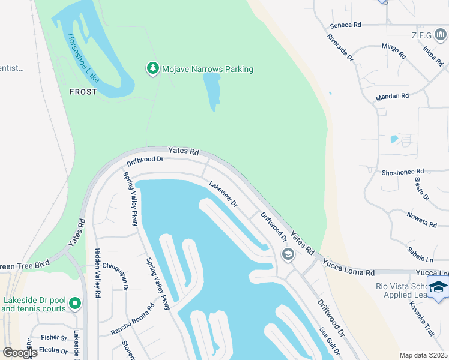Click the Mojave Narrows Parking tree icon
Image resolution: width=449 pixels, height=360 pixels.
153,68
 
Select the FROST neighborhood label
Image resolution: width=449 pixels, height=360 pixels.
83,92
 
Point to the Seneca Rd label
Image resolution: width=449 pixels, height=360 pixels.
345,25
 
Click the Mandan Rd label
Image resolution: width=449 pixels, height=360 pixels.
392,96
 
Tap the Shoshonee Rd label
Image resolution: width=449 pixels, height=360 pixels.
403,172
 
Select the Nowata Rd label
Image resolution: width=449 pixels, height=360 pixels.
421,220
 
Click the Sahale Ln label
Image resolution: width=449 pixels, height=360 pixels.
421,254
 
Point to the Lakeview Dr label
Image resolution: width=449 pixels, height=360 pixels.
223,194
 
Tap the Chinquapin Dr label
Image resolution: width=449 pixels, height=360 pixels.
115,275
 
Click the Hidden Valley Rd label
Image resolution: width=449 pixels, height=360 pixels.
97,273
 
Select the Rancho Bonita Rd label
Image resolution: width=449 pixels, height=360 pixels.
133,319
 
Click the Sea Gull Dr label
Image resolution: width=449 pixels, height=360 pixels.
330,341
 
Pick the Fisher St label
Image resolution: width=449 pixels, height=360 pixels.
54,338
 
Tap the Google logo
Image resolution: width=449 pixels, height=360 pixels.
20,353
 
